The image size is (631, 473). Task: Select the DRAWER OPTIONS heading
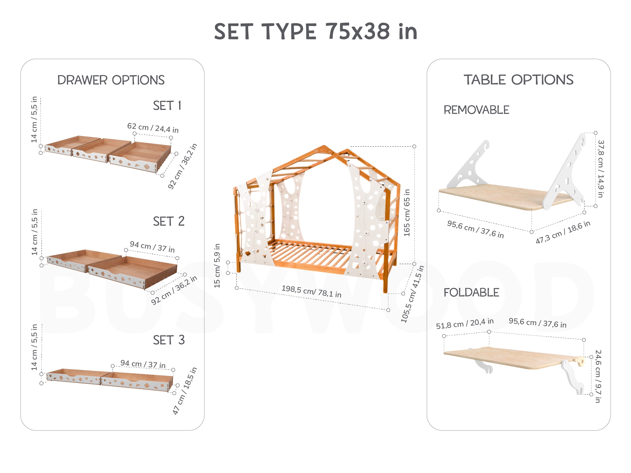click(x=111, y=80)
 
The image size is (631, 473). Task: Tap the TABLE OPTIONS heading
click(x=518, y=80)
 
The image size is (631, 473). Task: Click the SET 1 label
click(x=167, y=106)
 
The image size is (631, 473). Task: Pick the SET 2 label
click(x=169, y=221)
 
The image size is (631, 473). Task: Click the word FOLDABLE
click(x=471, y=292)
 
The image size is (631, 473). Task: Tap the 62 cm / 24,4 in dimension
click(x=153, y=128)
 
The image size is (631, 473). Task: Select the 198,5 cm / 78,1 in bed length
click(x=312, y=291)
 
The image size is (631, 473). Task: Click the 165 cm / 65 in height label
click(x=407, y=213)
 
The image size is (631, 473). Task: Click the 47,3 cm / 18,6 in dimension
click(x=563, y=232)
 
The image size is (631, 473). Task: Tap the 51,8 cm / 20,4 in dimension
click(x=465, y=323)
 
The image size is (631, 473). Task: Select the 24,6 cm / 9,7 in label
click(x=598, y=376)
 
